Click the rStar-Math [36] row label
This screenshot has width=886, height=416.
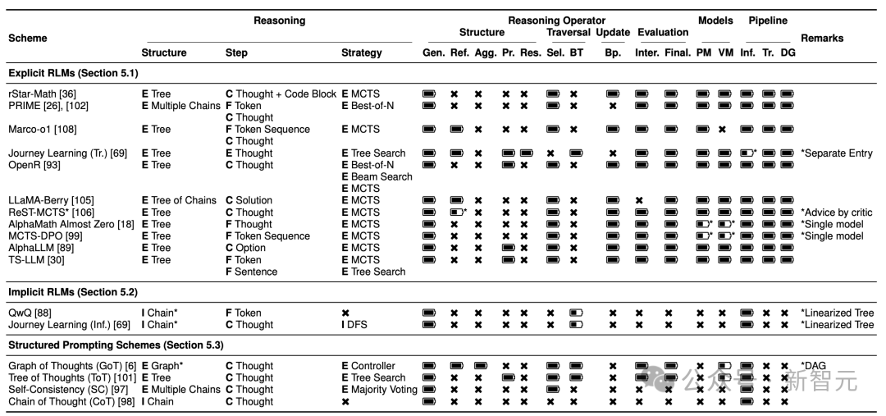pyautogui.click(x=42, y=94)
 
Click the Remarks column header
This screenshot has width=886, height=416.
pyautogui.click(x=821, y=38)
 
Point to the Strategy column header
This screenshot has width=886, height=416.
pyautogui.click(x=361, y=53)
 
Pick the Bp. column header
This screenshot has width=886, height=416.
pyautogui.click(x=612, y=53)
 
